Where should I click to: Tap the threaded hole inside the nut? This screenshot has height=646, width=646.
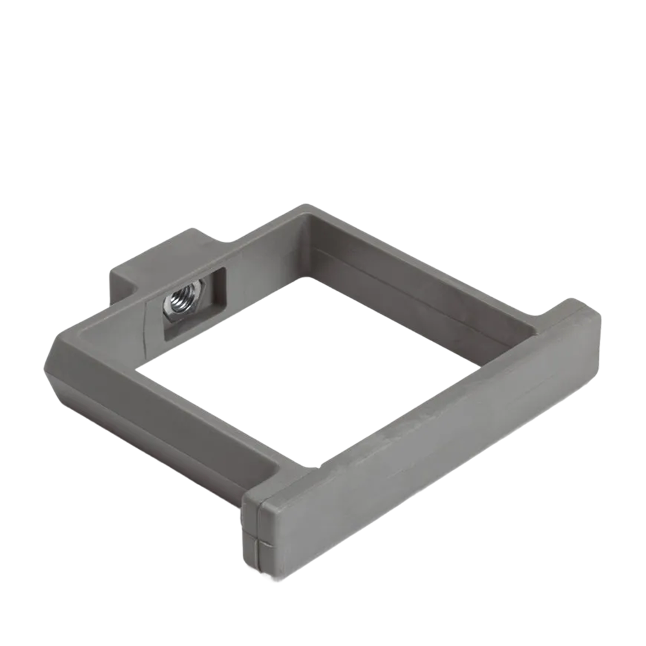click(178, 301)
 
